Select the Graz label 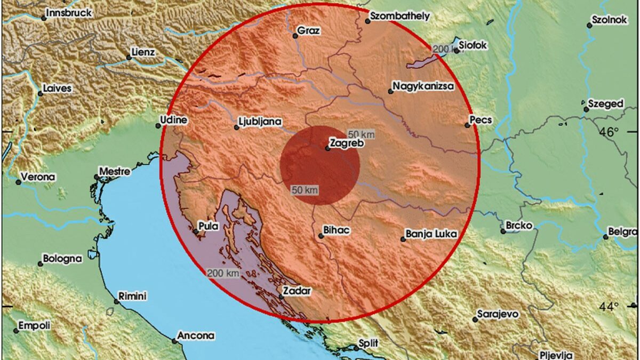pos(309,31)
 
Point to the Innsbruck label pos(69,13)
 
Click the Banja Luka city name pos(431,234)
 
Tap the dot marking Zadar pos(281,297)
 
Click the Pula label pos(208,226)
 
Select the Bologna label pos(63,259)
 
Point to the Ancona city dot pos(174,340)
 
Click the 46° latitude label pos(609,132)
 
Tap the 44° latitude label pos(609,307)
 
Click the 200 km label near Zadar pos(222,273)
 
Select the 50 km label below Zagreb pos(305,189)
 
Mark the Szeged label pos(606,104)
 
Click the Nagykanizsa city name pos(423,86)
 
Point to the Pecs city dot pos(467,125)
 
